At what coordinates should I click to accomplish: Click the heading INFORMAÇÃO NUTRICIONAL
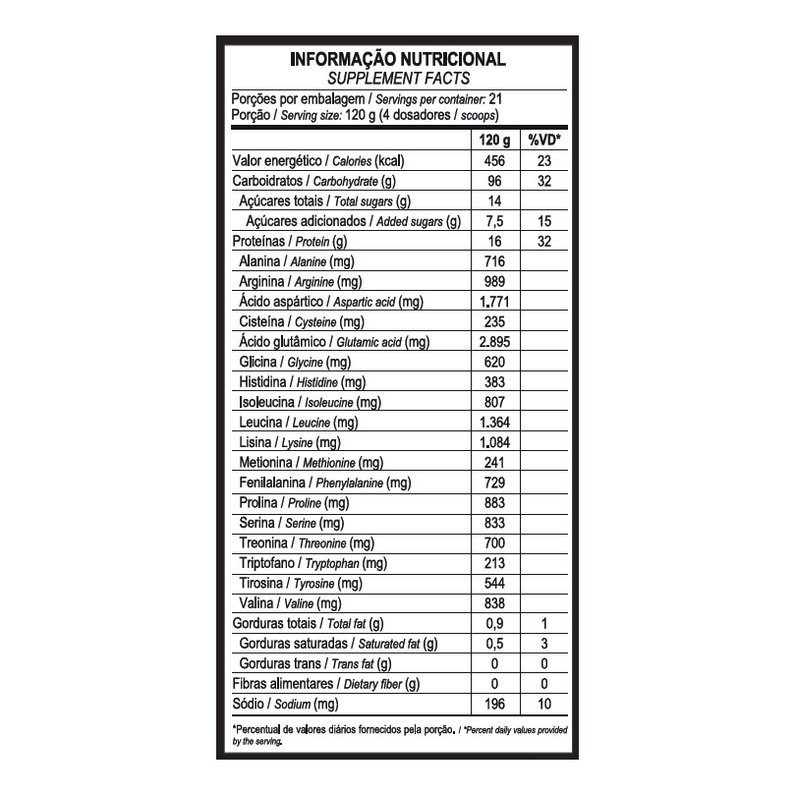398,59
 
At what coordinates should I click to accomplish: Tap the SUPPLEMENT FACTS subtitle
398,78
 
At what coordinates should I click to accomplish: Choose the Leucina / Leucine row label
299,423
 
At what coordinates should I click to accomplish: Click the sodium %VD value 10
543,704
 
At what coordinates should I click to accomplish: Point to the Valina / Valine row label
290,603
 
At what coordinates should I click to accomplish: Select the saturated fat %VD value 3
543,644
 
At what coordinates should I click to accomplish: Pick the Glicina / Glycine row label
296,363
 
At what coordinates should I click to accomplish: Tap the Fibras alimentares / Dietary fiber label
325,684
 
